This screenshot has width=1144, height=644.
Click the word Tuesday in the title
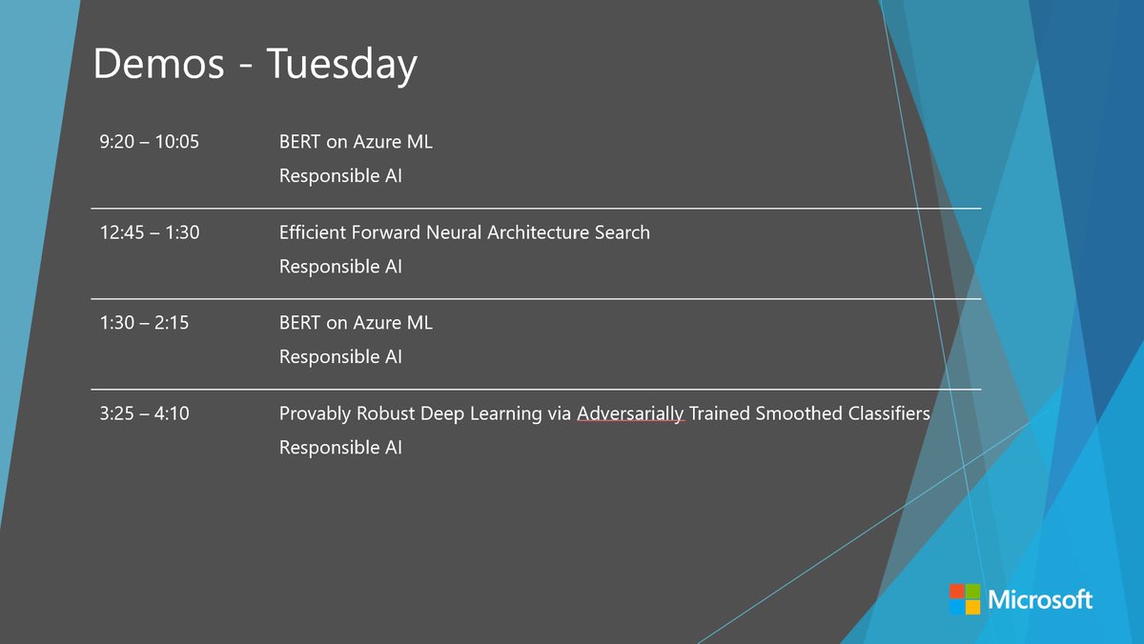[x=341, y=65]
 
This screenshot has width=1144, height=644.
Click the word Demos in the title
[x=159, y=65]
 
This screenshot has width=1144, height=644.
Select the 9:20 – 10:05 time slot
[x=149, y=142]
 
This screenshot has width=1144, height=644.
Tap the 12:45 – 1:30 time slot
[x=149, y=232]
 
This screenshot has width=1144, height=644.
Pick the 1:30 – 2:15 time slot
[x=144, y=323]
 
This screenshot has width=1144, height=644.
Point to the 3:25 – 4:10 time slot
[x=144, y=413]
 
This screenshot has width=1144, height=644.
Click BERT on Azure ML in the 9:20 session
[x=356, y=142]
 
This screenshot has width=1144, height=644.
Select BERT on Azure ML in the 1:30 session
[x=356, y=323]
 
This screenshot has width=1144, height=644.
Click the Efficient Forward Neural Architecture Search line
[x=464, y=232]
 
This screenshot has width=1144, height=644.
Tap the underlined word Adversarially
[x=631, y=413]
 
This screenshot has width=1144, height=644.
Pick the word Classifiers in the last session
[x=883, y=413]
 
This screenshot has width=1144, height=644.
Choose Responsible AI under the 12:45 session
[x=340, y=267]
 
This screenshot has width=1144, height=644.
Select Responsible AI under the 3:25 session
[x=340, y=447]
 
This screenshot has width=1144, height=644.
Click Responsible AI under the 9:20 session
[x=340, y=176]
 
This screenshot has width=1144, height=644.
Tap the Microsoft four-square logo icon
[x=964, y=599]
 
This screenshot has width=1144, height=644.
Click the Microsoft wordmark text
[x=1040, y=599]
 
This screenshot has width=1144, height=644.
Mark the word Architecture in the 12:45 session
[x=540, y=232]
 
